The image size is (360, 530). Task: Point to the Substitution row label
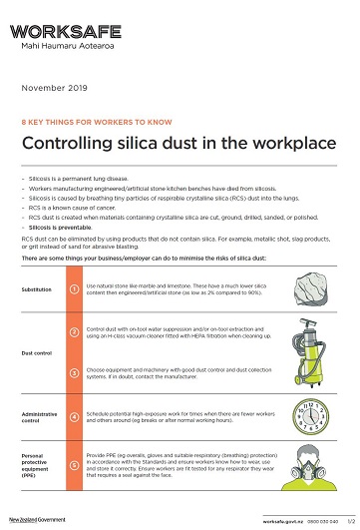38,288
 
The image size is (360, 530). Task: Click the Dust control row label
38,353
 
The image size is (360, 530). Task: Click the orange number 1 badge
75,288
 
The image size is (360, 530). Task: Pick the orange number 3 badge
75,374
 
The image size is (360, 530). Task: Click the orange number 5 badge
75,465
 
